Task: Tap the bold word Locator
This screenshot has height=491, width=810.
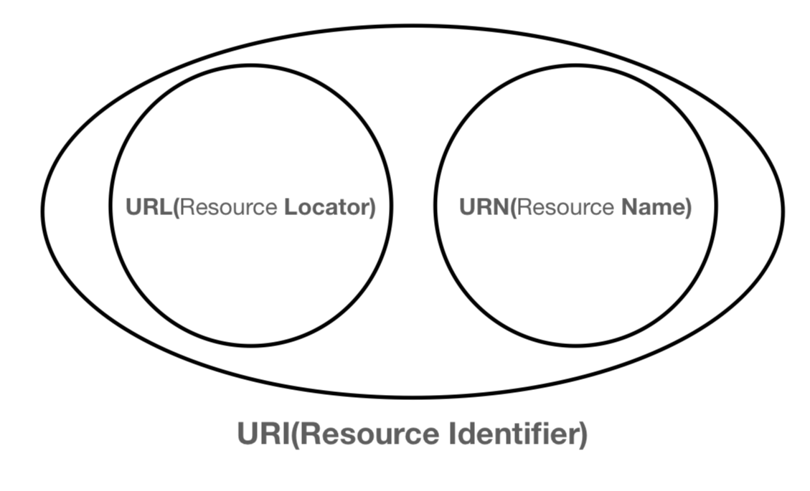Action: coord(326,207)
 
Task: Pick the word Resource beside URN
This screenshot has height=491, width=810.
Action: coord(565,207)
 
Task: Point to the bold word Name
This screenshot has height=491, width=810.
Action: coord(652,207)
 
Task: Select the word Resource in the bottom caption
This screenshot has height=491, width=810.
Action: coord(369,434)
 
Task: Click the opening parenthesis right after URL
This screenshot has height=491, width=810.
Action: coord(176,208)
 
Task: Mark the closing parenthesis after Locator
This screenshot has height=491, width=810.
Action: coord(372,208)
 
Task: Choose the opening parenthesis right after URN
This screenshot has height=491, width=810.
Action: coord(514,208)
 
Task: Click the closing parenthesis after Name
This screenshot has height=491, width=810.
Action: coord(689,208)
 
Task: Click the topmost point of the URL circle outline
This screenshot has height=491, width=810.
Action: coord(251,65)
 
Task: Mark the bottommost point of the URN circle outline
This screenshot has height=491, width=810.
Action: coord(576,345)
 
